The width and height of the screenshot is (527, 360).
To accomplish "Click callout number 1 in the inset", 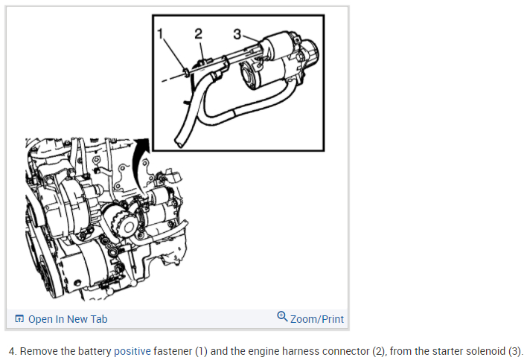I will tap(161, 33).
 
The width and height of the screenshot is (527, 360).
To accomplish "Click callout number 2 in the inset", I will tap(198, 32).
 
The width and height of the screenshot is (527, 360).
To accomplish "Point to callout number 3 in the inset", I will tap(237, 33).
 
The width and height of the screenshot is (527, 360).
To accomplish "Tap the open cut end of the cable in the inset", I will tap(179, 141).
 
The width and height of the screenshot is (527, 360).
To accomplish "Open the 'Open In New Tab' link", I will tap(68, 319).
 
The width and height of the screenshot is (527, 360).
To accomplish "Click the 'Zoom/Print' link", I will tap(317, 319).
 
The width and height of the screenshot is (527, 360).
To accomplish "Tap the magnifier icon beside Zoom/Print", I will tap(282, 318).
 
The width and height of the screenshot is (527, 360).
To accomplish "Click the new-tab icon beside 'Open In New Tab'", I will tap(19, 319).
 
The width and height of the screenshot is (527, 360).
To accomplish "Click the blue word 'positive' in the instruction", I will tap(132, 351).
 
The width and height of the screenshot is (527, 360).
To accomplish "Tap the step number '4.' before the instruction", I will tap(12, 351).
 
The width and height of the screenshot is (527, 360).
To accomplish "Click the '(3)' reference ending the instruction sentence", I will tap(514, 351).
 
